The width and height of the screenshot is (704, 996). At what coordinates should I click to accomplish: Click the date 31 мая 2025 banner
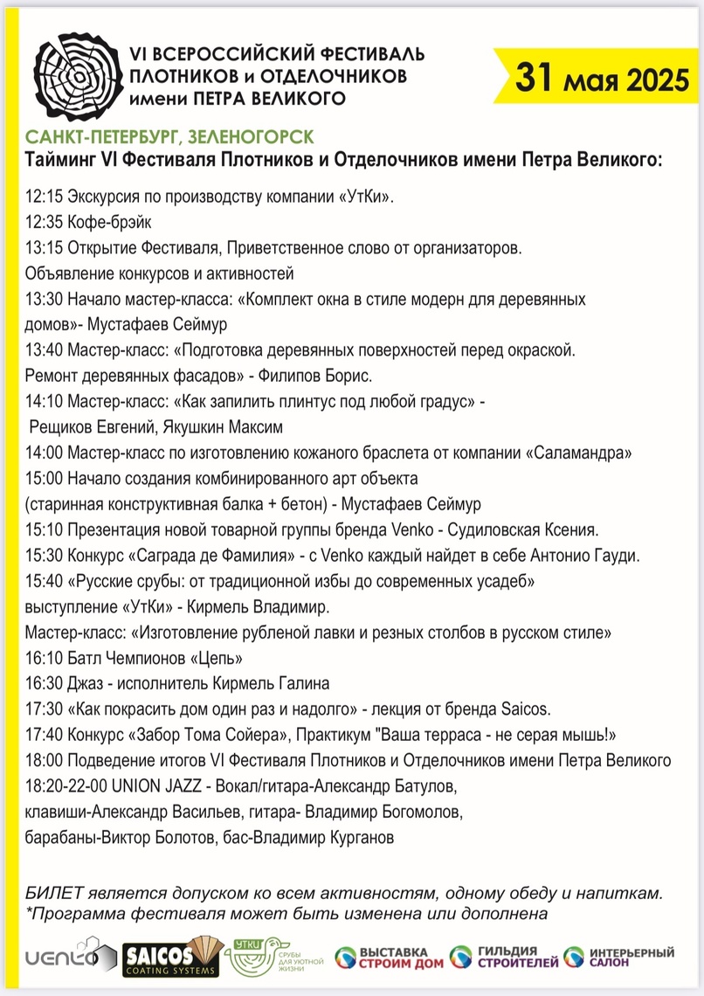tap(601, 78)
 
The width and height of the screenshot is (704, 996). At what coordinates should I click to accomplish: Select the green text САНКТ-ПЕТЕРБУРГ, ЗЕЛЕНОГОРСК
tap(169, 138)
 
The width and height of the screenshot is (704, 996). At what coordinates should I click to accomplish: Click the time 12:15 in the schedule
tap(44, 197)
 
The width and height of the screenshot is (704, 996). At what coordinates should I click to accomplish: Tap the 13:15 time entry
tap(44, 247)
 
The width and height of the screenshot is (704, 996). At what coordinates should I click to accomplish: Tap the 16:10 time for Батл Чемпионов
tap(44, 657)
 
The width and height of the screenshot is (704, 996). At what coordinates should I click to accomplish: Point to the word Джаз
tap(88, 682)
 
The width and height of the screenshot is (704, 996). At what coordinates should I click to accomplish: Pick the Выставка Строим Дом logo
tap(384, 957)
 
